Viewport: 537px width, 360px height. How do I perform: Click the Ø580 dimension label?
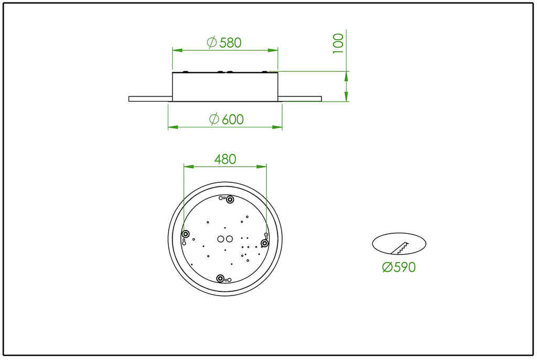coord(224,42)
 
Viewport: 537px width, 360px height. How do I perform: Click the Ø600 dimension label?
coord(227,119)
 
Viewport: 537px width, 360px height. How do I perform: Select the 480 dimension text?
coord(225,159)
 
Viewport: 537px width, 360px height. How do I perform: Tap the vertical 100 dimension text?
coord(338,43)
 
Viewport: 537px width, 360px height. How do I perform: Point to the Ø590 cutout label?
coord(399,267)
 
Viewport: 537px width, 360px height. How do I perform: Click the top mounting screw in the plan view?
coord(230,199)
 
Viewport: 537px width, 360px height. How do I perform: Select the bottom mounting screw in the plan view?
coord(220,278)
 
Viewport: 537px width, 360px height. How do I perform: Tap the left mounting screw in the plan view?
coord(186,234)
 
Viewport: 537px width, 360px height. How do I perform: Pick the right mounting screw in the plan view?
coord(264,243)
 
